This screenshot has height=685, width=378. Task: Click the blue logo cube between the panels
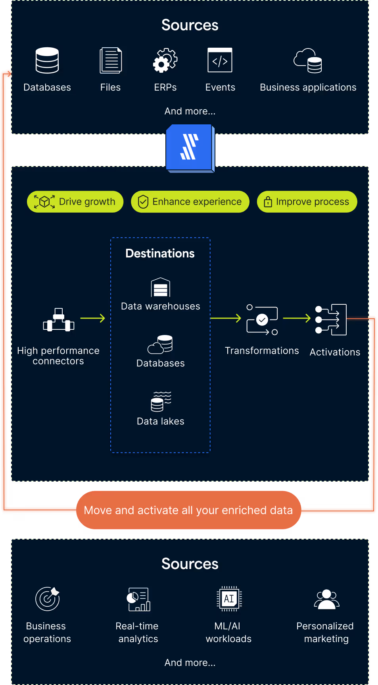(x=190, y=148)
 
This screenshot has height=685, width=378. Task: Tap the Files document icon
(x=110, y=60)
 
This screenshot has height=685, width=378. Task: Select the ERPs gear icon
(x=165, y=60)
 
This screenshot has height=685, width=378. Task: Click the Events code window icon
(x=220, y=60)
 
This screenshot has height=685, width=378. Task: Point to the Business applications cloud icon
(x=308, y=61)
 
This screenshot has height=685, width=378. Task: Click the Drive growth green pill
(x=75, y=202)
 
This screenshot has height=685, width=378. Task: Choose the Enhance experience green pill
(x=190, y=202)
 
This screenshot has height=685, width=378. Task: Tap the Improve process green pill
(x=307, y=202)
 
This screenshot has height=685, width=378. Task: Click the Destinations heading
(x=160, y=253)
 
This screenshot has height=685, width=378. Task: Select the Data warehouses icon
(x=160, y=287)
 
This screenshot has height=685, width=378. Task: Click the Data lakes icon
(x=161, y=401)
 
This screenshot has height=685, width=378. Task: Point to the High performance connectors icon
(x=59, y=320)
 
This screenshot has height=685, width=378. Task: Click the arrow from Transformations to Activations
(x=296, y=318)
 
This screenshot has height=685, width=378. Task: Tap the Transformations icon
(x=262, y=320)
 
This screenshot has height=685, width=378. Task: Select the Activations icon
(x=331, y=320)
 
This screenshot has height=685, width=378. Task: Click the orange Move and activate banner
(x=188, y=510)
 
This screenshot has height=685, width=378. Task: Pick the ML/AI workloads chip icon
(x=229, y=598)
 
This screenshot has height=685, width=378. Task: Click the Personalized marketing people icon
(x=326, y=599)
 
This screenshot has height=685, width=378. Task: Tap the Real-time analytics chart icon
(x=138, y=599)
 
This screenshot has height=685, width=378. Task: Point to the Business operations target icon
(x=48, y=599)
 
